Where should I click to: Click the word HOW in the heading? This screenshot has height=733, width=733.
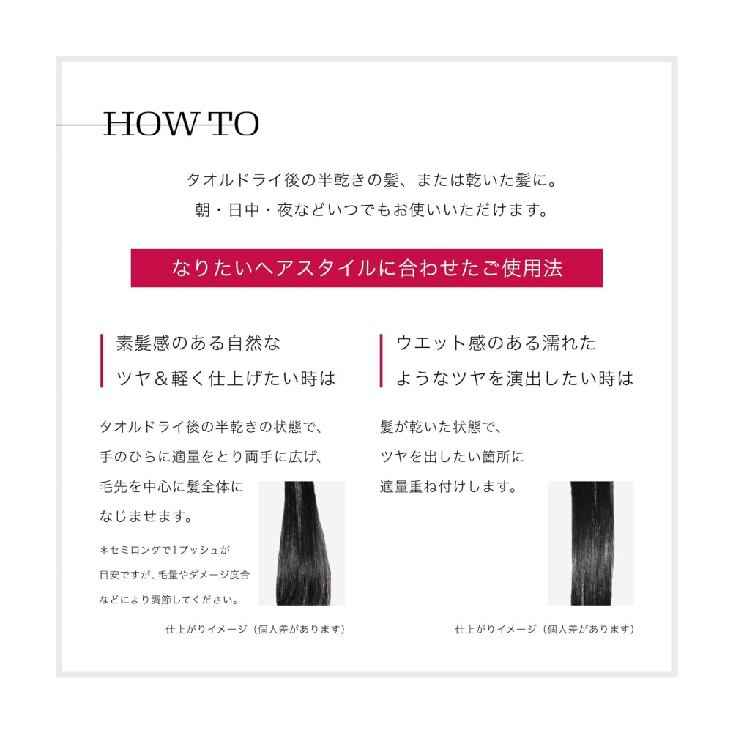148,125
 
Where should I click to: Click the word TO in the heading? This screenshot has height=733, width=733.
234,125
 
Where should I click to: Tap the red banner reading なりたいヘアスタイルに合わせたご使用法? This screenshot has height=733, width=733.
366,268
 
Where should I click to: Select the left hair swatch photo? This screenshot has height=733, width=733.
301,543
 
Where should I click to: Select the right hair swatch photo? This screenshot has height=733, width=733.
590,543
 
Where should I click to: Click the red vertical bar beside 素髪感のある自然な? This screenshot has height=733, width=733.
102,360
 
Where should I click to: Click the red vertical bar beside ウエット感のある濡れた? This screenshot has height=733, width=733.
382,360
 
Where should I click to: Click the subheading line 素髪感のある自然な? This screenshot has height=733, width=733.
198,343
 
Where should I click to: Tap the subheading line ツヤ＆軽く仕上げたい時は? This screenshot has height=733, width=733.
226,379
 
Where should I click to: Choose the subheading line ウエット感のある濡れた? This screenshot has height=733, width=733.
496,343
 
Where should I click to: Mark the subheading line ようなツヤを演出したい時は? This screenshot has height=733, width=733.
514,379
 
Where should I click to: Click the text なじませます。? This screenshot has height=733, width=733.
146,517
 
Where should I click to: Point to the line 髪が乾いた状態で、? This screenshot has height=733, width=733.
441,427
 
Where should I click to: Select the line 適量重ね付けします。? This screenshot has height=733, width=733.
448,486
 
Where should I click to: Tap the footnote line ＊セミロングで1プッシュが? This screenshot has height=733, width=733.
165,549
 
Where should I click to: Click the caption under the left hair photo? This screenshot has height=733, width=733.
255,629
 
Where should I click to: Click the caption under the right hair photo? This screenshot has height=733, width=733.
544,629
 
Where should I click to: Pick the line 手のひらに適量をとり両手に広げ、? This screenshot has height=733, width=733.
210,457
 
